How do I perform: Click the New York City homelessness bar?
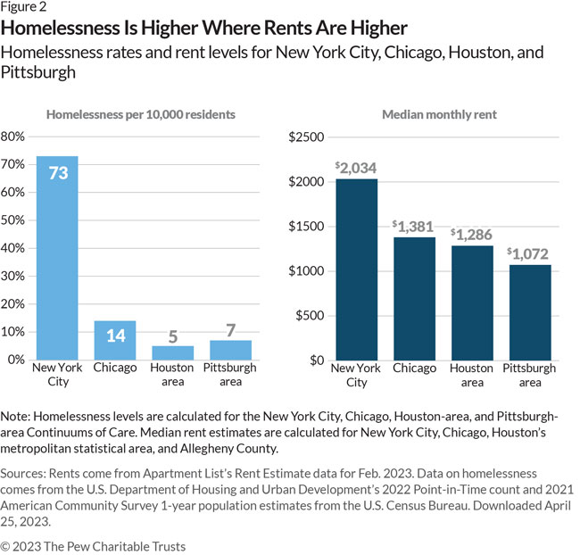pyautogui.click(x=57, y=258)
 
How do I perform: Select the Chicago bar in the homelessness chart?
pyautogui.click(x=115, y=340)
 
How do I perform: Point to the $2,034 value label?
pyautogui.click(x=356, y=168)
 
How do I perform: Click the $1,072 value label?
pyautogui.click(x=530, y=253)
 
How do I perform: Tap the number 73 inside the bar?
pyautogui.click(x=58, y=173)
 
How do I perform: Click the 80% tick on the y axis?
pyautogui.click(x=13, y=137)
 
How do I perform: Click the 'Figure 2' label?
pyautogui.click(x=28, y=9)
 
